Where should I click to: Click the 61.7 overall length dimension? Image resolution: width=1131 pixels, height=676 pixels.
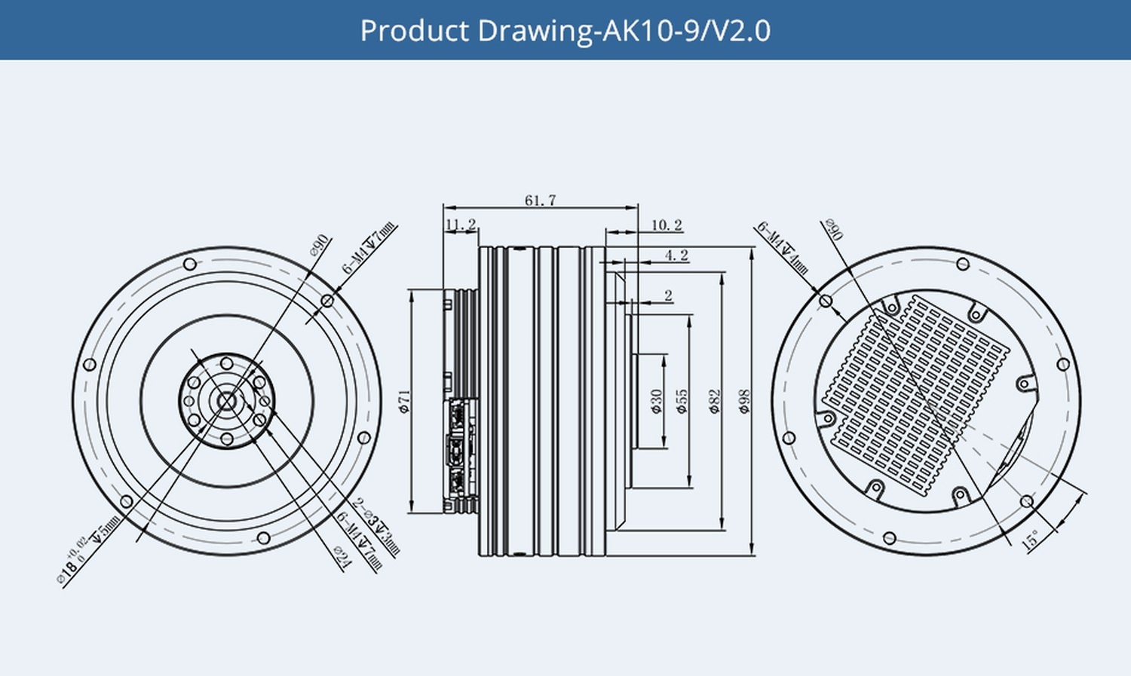click(x=540, y=200)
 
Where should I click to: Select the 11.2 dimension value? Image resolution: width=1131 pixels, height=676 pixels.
click(x=461, y=225)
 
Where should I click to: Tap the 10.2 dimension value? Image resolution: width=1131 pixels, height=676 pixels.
click(x=667, y=225)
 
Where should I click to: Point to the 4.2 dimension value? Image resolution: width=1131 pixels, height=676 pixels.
click(x=676, y=255)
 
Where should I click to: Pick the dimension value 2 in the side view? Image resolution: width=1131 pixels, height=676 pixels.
click(x=668, y=296)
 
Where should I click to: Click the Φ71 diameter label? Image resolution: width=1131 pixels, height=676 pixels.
click(x=404, y=401)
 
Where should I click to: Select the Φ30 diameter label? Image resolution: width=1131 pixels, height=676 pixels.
click(x=656, y=401)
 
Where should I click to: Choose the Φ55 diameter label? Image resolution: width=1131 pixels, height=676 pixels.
click(x=682, y=401)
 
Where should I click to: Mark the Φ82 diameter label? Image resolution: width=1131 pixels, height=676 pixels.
click(x=714, y=401)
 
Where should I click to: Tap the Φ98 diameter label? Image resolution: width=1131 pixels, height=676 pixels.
click(x=744, y=401)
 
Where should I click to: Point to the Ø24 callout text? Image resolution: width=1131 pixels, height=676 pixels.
click(x=342, y=558)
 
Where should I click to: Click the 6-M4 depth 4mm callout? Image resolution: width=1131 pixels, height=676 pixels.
click(x=783, y=248)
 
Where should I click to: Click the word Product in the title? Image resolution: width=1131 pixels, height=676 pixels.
click(x=415, y=31)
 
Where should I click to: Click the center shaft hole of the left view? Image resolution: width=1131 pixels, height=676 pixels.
click(x=226, y=401)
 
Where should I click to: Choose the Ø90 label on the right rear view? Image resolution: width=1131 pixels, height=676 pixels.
click(x=833, y=230)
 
